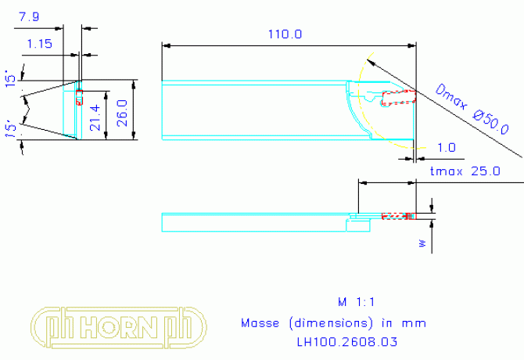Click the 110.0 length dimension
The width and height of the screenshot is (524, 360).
(285, 34)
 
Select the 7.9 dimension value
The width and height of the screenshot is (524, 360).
(29, 16)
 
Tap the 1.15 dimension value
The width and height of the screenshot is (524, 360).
(39, 44)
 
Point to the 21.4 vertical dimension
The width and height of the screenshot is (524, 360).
(95, 117)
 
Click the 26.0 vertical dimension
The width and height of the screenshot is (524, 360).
(122, 113)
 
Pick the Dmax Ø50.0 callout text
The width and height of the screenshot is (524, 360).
(472, 110)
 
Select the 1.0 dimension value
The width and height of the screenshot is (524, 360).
(447, 148)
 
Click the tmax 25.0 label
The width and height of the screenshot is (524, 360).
(465, 171)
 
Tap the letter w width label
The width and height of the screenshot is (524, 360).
(423, 243)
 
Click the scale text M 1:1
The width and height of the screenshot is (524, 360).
(356, 302)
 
